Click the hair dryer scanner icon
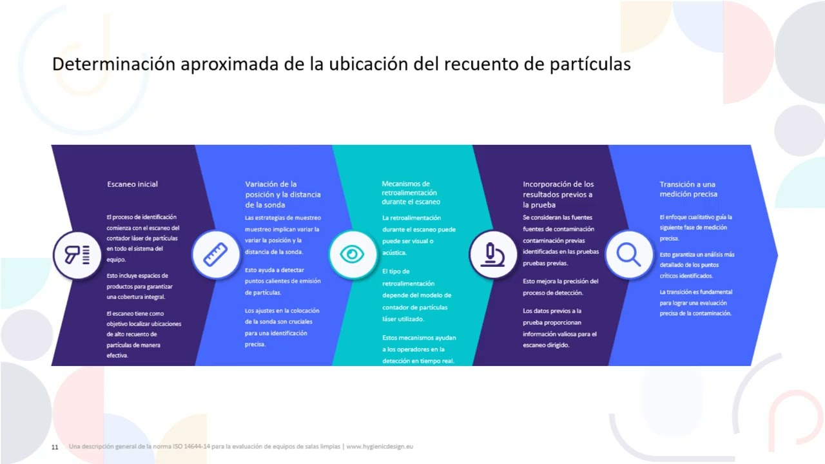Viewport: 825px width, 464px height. (x=77, y=255)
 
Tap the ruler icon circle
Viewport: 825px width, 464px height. (x=215, y=255)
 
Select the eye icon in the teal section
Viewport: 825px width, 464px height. (x=352, y=255)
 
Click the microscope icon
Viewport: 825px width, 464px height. (x=492, y=255)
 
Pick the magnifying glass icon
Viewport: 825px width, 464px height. (x=628, y=255)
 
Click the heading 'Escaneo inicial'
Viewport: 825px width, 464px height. (x=132, y=184)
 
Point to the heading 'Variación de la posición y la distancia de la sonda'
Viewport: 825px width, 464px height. (x=282, y=194)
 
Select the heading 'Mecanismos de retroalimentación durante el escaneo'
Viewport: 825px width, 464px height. (x=411, y=193)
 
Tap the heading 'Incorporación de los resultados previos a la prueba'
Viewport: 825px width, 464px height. (x=558, y=194)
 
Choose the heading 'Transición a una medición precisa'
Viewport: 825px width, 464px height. (x=688, y=189)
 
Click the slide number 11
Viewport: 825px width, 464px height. (x=55, y=447)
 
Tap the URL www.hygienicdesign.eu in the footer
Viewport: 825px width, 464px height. (x=380, y=446)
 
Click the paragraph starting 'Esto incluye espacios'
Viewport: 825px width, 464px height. (x=140, y=286)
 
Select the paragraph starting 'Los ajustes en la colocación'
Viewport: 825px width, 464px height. (x=282, y=327)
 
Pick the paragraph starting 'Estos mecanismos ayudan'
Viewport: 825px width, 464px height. (x=418, y=349)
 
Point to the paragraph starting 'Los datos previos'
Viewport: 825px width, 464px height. (x=559, y=328)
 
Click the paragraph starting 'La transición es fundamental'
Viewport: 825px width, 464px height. (x=695, y=303)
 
